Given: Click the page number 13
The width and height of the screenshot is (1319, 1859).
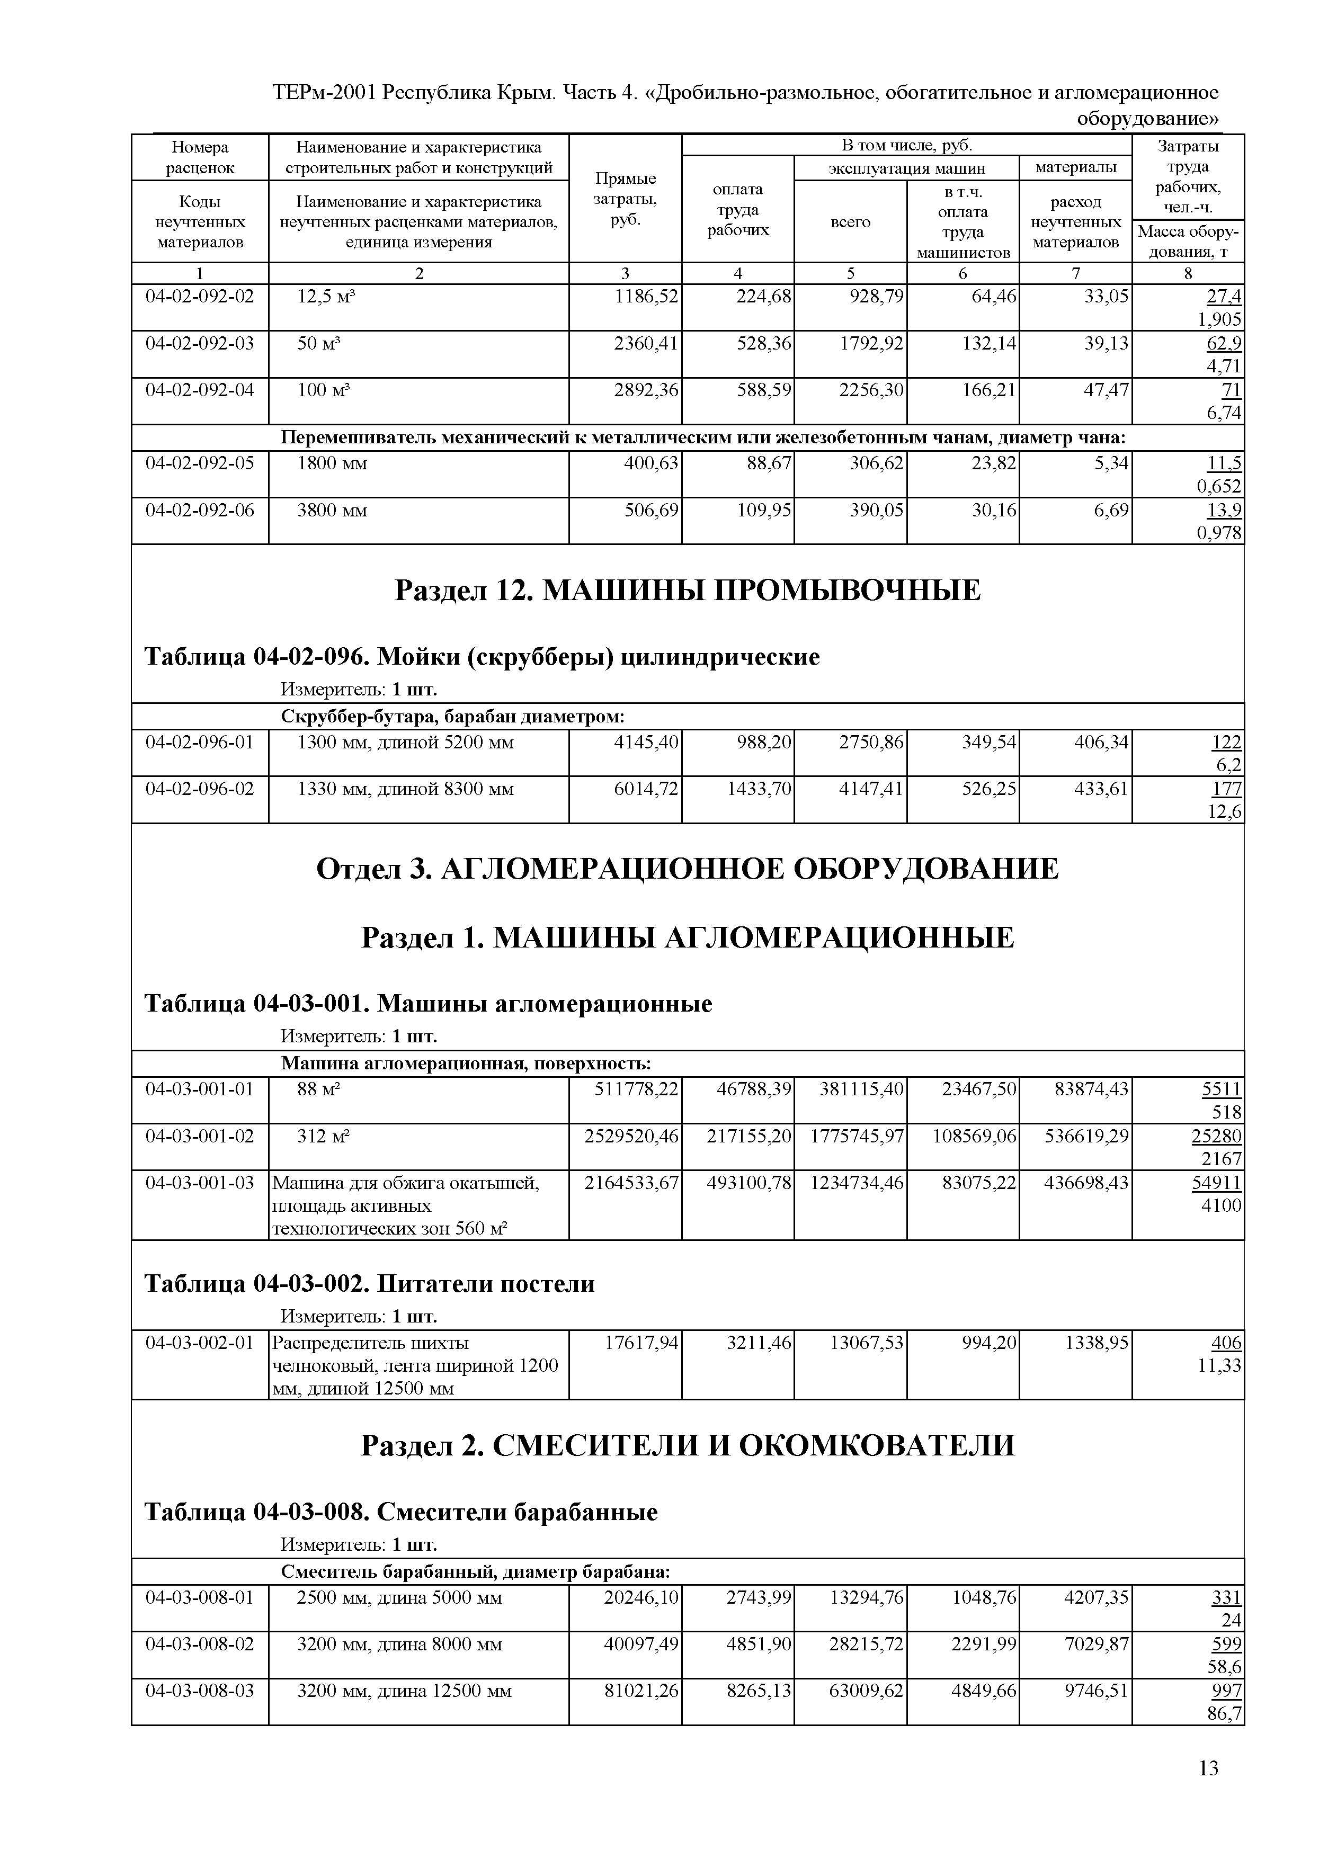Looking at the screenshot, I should click(1208, 1768).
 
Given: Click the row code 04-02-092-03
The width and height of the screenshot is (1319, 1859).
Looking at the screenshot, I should click(199, 344).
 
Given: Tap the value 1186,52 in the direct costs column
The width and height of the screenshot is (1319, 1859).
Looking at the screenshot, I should click(646, 297).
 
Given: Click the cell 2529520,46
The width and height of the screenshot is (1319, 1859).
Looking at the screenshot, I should click(631, 1136).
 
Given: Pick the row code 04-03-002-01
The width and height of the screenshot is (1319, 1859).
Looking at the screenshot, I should click(199, 1343).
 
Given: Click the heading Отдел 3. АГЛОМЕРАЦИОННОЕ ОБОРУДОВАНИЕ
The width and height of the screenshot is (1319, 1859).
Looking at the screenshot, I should click(687, 869).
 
